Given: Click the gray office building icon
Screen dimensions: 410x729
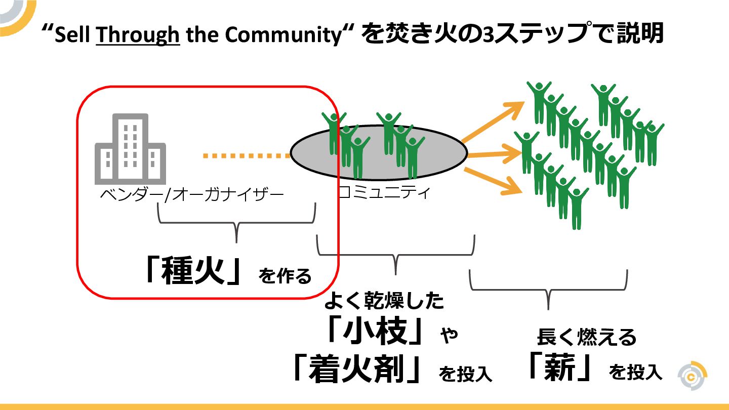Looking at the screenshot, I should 130,149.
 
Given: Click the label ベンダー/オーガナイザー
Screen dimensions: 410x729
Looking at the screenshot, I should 192,195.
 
